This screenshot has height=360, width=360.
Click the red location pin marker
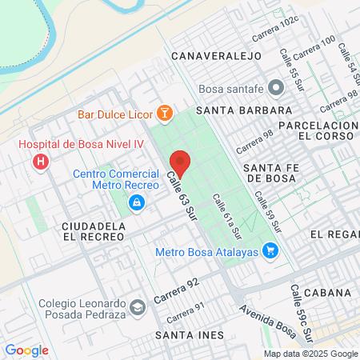[x=180, y=163]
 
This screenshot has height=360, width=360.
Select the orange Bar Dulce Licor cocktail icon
[x=164, y=114]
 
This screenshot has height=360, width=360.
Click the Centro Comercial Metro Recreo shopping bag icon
[x=138, y=203]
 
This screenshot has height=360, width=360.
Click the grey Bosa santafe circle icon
[x=276, y=86]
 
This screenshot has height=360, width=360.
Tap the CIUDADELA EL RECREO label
[x=94, y=232]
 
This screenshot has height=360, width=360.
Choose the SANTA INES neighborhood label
[x=189, y=334]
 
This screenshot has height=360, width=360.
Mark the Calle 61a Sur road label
[x=226, y=216]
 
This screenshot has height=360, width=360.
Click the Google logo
[x=26, y=350]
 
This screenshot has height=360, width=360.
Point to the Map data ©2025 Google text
[x=311, y=354]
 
